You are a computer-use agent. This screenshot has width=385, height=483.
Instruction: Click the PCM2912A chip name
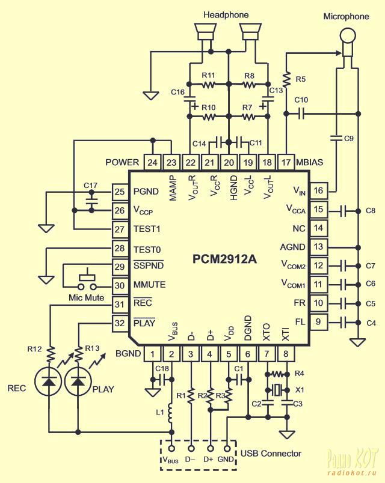224,259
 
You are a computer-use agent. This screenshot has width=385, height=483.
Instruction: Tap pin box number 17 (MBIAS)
286,162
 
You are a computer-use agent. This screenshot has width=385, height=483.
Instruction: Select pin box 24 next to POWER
152,162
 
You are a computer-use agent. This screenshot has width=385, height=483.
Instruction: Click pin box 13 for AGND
318,247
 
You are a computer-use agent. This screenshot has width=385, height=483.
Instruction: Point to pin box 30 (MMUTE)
119,285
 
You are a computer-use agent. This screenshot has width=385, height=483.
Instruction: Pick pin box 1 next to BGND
152,354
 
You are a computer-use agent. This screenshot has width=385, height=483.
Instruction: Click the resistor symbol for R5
286,79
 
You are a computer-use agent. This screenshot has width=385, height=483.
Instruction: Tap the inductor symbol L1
170,413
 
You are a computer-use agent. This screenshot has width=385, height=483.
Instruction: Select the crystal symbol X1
277,390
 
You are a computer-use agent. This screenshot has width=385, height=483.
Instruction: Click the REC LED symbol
49,382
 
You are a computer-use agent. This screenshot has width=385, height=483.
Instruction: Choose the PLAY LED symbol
78,382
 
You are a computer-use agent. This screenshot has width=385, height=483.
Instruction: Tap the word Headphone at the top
226,15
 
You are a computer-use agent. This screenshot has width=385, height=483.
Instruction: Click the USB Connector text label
271,454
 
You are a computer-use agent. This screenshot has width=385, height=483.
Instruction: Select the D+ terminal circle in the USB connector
211,449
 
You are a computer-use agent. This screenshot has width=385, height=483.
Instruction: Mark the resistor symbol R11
209,84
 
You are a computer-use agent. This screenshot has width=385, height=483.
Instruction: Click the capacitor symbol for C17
91,201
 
